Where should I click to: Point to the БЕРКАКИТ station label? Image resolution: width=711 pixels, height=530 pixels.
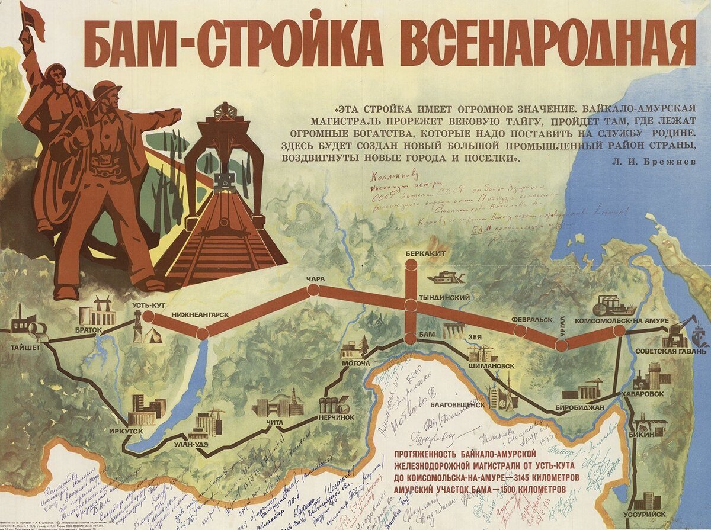pos(425,253)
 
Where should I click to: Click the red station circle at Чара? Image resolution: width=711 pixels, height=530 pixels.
pos(313,290)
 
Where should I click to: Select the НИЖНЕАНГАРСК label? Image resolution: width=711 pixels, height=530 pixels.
pos(200,314)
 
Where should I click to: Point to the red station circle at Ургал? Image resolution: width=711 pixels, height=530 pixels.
pos(561,344)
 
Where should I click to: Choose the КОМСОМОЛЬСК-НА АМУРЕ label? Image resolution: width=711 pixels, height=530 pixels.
pos(630,320)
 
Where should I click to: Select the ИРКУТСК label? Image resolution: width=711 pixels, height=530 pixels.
pos(126,431)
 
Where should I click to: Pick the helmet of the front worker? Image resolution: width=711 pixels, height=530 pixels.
pos(107,89)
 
